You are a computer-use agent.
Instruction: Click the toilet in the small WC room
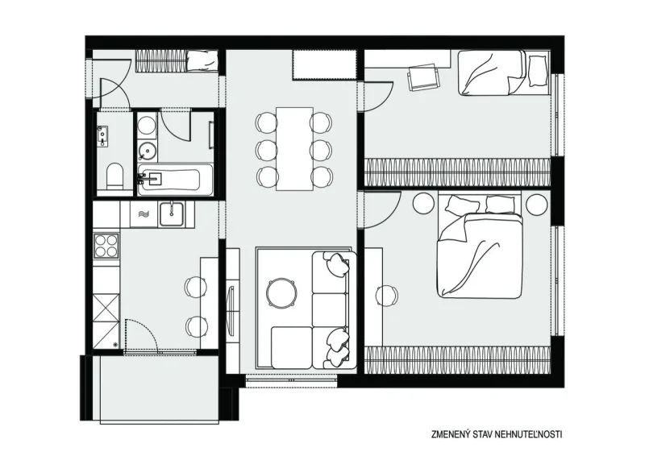(114, 176)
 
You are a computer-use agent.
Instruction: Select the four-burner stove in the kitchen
(106, 246)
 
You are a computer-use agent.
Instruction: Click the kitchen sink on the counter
(172, 213)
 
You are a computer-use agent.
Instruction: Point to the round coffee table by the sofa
(281, 292)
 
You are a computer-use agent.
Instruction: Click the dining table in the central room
(294, 148)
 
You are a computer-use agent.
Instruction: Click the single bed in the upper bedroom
(504, 73)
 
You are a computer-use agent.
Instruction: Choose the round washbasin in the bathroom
(148, 151)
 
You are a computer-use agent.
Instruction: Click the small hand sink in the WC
(102, 136)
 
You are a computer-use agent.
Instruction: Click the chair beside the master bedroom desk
(386, 295)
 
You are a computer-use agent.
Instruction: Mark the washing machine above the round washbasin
(147, 123)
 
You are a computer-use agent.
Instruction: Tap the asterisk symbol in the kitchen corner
(115, 344)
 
